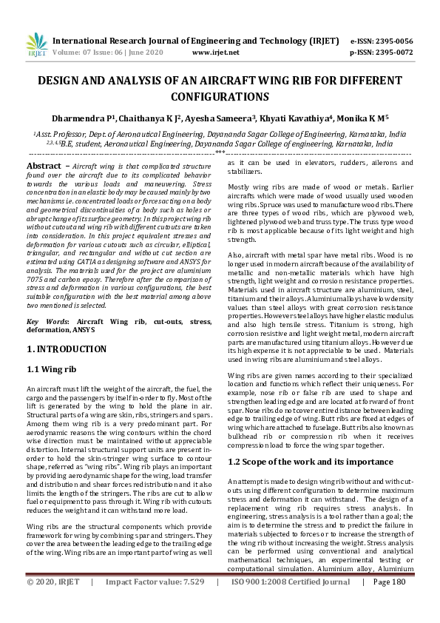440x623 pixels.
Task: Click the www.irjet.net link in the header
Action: (x=215, y=53)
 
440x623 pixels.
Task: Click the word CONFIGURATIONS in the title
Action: (x=220, y=97)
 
